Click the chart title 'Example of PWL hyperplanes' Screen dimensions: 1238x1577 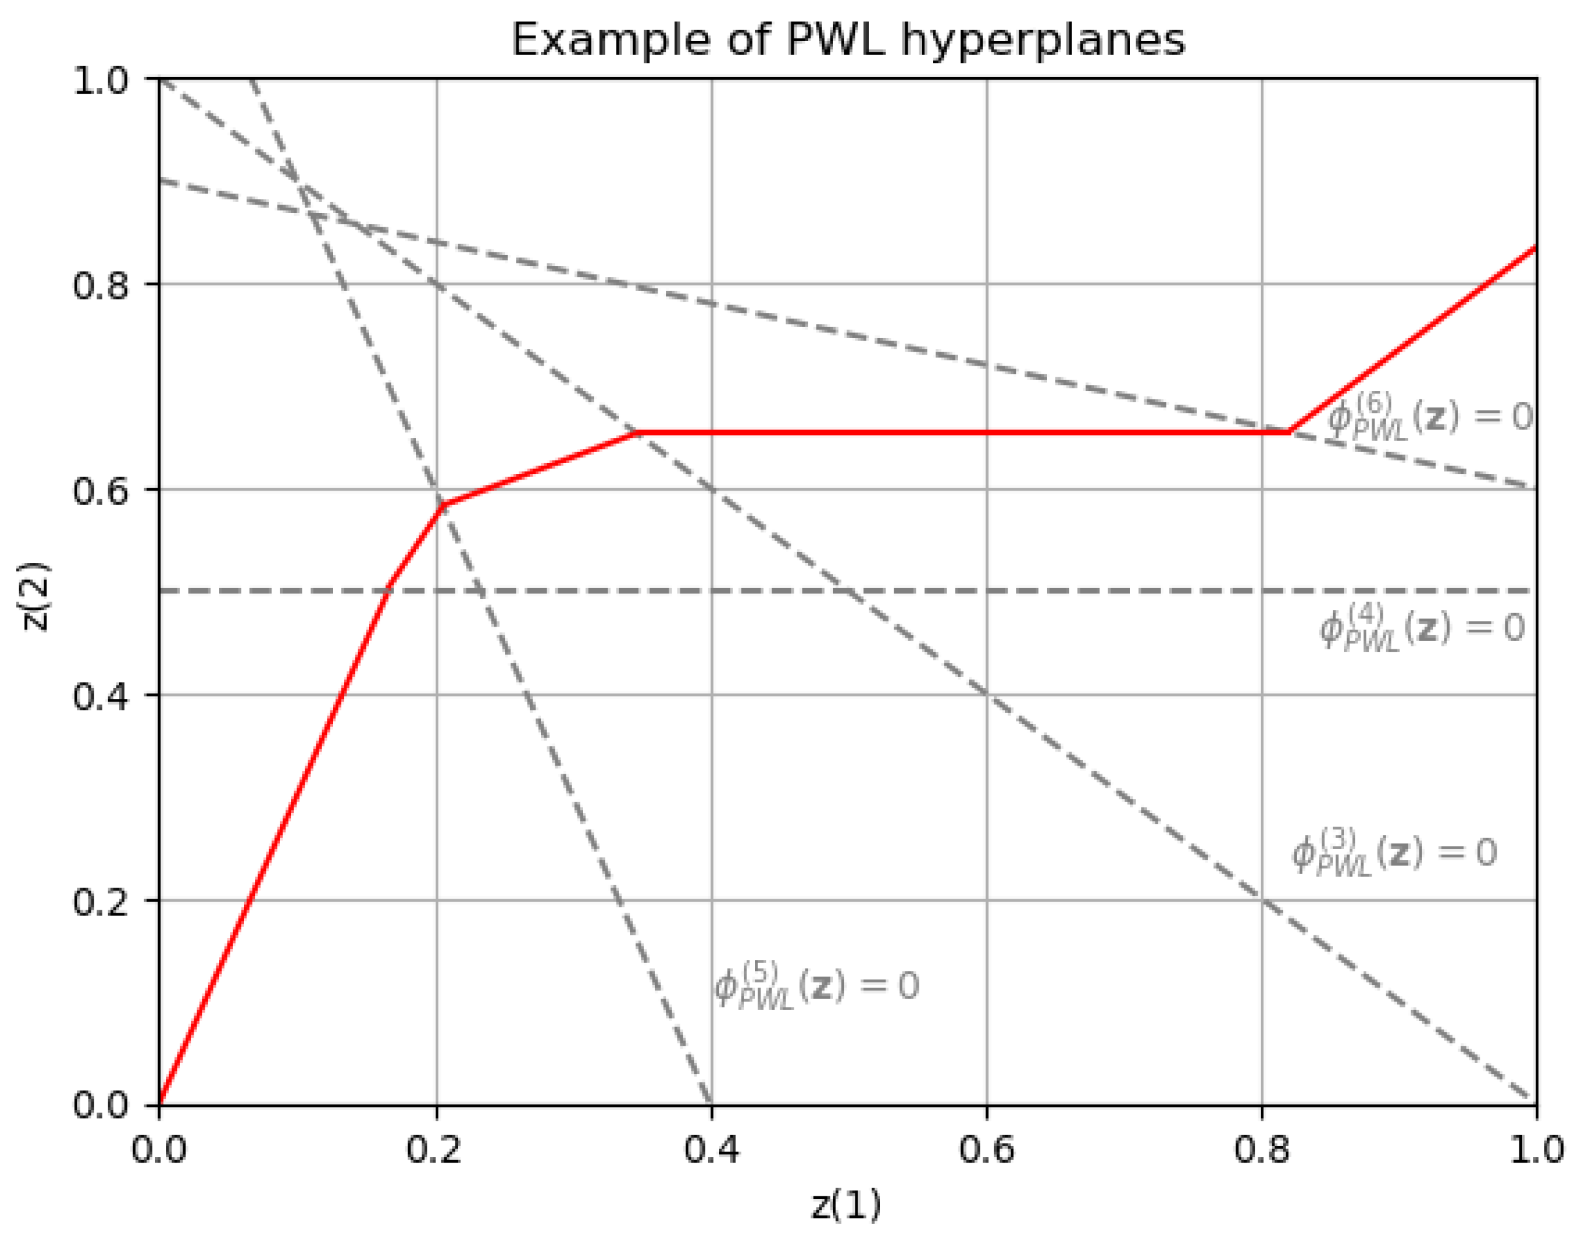[x=848, y=40]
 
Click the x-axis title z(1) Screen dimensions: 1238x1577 [x=846, y=1205]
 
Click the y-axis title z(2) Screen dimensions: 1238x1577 [x=35, y=596]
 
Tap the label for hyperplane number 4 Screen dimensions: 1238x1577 [x=1422, y=628]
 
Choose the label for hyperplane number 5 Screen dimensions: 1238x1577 [x=816, y=986]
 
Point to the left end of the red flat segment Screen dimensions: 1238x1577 [x=638, y=432]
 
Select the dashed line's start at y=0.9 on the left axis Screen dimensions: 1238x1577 [x=161, y=181]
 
